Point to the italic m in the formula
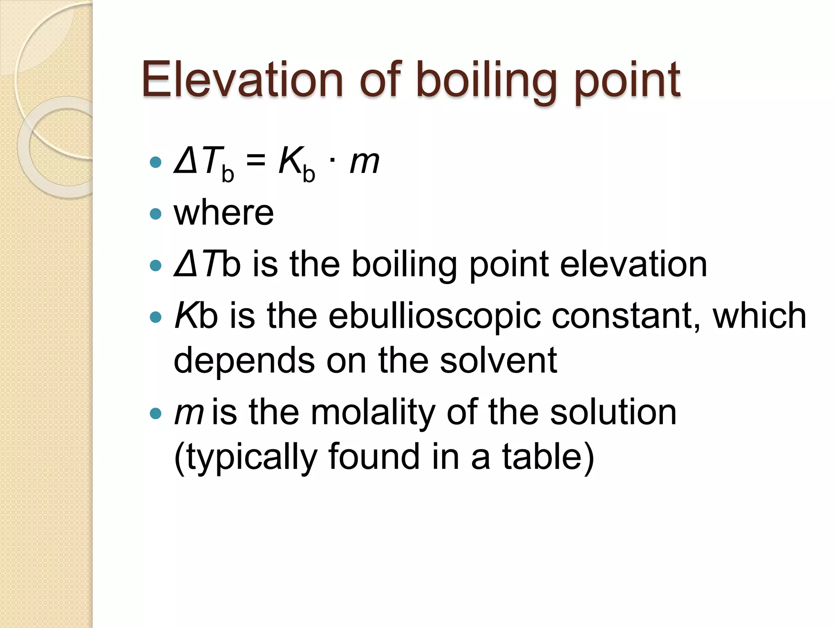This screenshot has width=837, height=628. tap(365, 162)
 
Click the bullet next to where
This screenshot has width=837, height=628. tap(156, 214)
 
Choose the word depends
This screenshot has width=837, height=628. tap(244, 361)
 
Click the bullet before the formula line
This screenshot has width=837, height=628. tap(156, 163)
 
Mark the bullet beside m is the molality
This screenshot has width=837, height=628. tap(156, 413)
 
